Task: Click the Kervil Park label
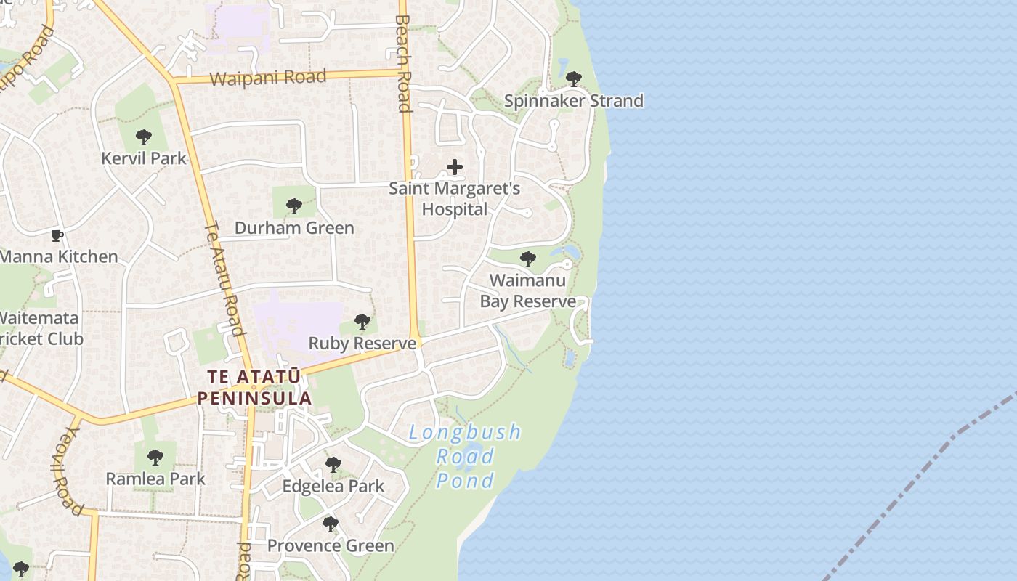click(x=144, y=158)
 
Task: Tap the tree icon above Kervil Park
click(x=144, y=137)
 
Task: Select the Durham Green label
click(x=294, y=228)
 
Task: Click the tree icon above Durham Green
click(x=294, y=206)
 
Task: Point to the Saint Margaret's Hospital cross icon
click(x=455, y=168)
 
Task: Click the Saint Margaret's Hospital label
click(x=455, y=199)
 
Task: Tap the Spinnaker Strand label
click(x=574, y=101)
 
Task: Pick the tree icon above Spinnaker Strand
click(x=574, y=78)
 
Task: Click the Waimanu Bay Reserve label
click(x=528, y=290)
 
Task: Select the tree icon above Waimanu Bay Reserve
click(x=528, y=259)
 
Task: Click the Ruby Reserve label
click(x=362, y=343)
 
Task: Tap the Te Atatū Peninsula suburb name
click(x=254, y=388)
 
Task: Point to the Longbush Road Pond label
click(x=465, y=456)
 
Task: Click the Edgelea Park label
click(x=333, y=486)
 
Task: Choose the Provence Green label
click(x=331, y=545)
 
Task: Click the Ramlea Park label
click(x=155, y=479)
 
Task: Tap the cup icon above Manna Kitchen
click(x=57, y=235)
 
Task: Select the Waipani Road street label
click(x=268, y=78)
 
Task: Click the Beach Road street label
click(x=404, y=63)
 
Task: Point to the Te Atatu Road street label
click(x=224, y=279)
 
